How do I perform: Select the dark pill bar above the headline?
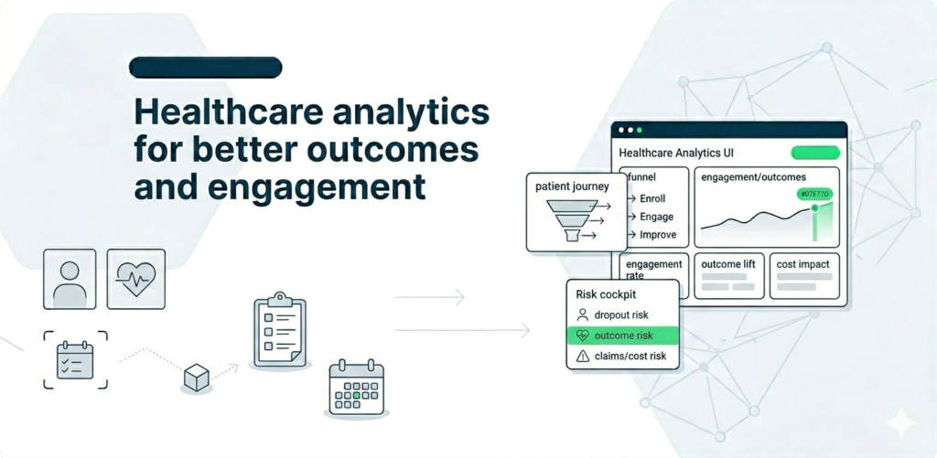[x=206, y=67]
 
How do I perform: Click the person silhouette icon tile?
[x=70, y=279]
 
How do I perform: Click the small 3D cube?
[x=196, y=376]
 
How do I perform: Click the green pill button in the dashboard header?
[x=814, y=154]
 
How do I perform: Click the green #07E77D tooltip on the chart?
[x=813, y=194]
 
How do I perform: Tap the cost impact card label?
[x=802, y=264]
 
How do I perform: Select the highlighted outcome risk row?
[x=623, y=336]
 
